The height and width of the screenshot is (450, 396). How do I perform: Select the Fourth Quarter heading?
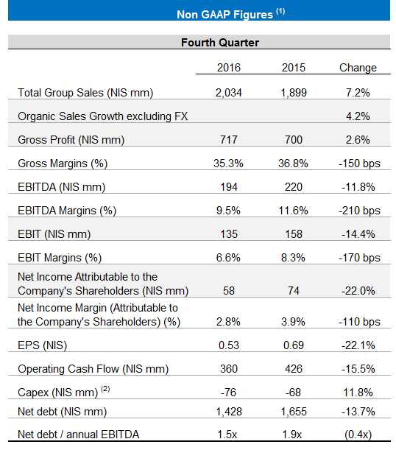[219, 43]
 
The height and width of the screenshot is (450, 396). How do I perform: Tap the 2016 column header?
[228, 68]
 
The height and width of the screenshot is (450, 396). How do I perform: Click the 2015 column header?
[294, 68]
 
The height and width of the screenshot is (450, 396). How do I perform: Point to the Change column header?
[358, 68]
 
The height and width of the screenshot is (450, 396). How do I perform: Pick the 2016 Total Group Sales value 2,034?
[228, 92]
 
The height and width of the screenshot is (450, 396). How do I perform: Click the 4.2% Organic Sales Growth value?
[358, 116]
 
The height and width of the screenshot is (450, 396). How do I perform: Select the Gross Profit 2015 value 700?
[294, 140]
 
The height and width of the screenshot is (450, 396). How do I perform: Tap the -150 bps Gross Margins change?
[358, 164]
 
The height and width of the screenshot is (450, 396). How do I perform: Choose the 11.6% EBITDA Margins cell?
[294, 211]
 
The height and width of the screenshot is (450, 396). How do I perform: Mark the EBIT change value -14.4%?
[358, 234]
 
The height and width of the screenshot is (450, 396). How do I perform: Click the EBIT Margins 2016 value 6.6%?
[228, 258]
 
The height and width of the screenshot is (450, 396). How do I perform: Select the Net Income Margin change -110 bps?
[358, 323]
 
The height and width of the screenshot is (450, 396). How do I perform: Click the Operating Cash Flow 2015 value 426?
[294, 369]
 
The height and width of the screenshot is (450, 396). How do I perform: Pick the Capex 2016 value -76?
[228, 393]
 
